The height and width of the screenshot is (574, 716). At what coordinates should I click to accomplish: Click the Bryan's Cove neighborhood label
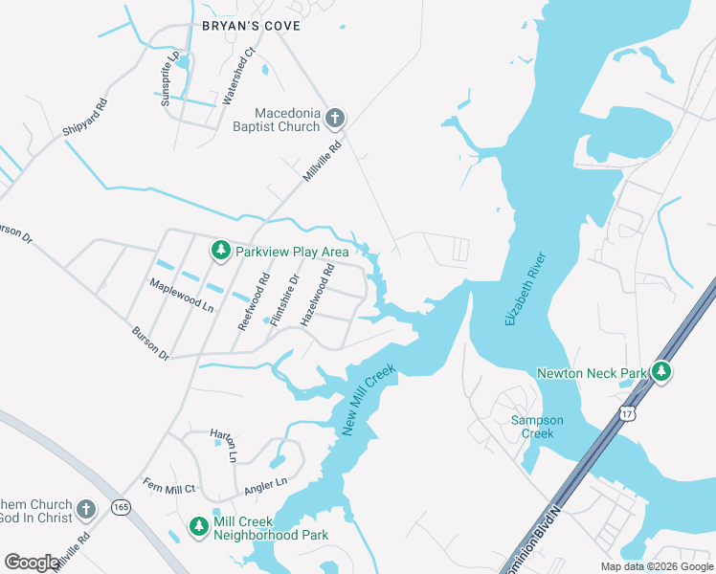pos(250,26)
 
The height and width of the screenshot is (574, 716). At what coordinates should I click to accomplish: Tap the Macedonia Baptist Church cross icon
pos(334,119)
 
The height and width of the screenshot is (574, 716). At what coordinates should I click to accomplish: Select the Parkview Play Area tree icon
pos(221,251)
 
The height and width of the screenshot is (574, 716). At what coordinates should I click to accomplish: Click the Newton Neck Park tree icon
pos(660,371)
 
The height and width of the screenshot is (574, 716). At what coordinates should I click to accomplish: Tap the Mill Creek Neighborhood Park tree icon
pos(198,527)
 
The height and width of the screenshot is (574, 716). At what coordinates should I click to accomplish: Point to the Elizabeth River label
pos(525,289)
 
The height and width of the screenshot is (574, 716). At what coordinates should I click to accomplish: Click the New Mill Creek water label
pos(368,400)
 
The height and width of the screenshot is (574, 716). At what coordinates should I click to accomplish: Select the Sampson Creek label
pos(537,427)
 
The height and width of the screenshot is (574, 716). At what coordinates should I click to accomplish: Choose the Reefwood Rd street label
pos(255,299)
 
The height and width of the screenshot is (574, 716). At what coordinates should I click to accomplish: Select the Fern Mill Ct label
pos(168,486)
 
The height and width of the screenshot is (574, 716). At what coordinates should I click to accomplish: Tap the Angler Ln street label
pos(267,485)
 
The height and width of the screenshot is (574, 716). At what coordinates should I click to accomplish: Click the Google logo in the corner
pos(32,563)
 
